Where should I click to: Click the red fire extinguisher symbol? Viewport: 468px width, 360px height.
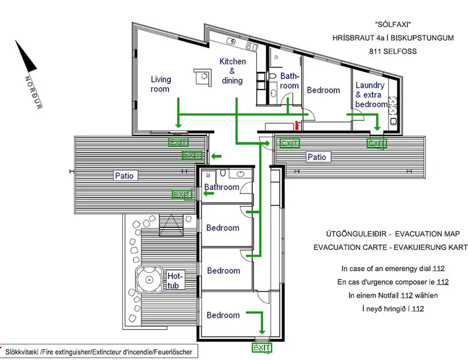coord(297,125)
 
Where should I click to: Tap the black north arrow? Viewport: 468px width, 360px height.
coord(26,56)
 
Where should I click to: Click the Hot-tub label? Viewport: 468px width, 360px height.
coord(174,280)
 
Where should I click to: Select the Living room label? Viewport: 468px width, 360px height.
coord(161,84)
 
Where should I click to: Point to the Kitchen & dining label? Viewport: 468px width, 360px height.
coord(233,71)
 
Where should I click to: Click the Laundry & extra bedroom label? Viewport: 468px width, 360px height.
coord(371,94)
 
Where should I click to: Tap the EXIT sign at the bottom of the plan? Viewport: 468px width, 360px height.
coord(262,347)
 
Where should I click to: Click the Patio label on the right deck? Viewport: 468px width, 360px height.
coord(316,157)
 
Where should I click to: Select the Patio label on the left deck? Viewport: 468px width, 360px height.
coord(124,175)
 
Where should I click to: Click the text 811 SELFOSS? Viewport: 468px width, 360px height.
coord(392,51)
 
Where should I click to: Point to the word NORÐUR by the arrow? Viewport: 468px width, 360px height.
coord(33,93)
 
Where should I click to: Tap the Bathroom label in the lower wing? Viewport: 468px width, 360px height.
coord(222,187)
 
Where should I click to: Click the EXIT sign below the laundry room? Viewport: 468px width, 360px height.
coord(377,143)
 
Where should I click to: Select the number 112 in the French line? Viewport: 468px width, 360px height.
coord(442,282)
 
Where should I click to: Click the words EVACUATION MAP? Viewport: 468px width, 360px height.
coord(428,234)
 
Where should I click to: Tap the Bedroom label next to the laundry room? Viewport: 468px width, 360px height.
coord(323,90)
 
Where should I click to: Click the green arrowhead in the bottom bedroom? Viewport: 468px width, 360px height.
coord(262,331)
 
